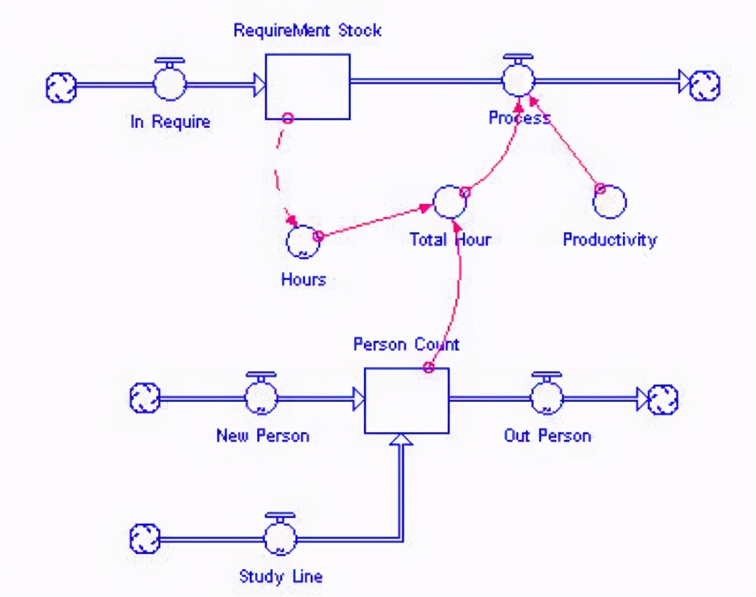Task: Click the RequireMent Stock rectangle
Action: point(307,86)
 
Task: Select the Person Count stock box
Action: point(406,401)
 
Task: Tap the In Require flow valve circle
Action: point(170,84)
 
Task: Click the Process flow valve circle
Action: point(518,81)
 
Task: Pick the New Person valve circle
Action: point(261,398)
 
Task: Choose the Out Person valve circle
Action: point(547,398)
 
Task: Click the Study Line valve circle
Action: point(280,538)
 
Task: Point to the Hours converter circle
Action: point(303,242)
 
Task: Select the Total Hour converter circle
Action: point(450,202)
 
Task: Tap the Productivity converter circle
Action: point(610,202)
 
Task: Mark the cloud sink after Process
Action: point(705,85)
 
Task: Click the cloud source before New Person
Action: point(145,398)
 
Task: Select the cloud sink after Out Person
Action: point(663,400)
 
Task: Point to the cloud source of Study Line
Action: point(145,539)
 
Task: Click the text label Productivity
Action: point(610,239)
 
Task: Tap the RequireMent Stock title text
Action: point(307,30)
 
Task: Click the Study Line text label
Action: point(281,576)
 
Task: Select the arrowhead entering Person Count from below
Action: point(401,440)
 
